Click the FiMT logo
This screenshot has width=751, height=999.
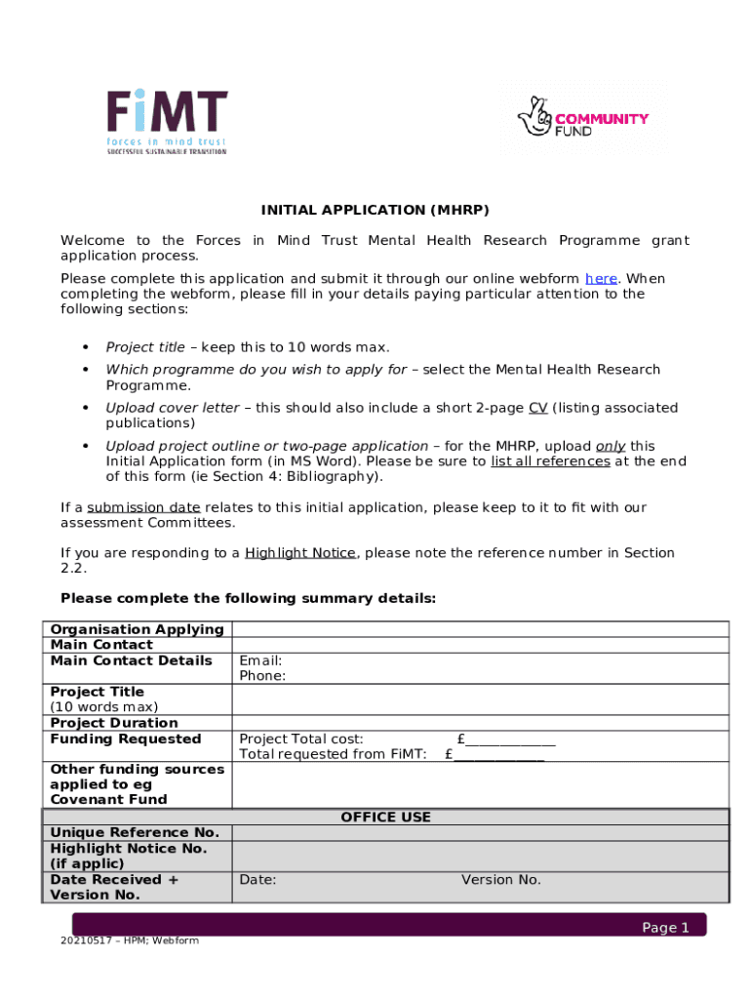pyautogui.click(x=167, y=122)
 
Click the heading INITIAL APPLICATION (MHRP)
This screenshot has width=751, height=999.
pyautogui.click(x=375, y=210)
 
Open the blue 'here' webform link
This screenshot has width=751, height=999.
pyautogui.click(x=601, y=278)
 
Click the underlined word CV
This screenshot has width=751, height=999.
pyautogui.click(x=537, y=408)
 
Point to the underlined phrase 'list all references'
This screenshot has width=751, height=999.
pyautogui.click(x=550, y=461)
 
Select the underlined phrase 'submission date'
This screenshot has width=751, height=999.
pyautogui.click(x=143, y=507)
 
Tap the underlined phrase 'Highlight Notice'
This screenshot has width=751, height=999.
pyautogui.click(x=300, y=553)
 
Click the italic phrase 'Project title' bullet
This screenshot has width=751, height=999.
pyautogui.click(x=145, y=347)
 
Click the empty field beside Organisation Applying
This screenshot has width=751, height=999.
pyautogui.click(x=479, y=629)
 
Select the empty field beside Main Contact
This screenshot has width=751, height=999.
pyautogui.click(x=479, y=645)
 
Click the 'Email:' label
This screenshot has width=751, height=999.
pyautogui.click(x=260, y=660)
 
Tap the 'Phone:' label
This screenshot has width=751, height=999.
pyautogui.click(x=262, y=676)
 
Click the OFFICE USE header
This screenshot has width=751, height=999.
pyautogui.click(x=385, y=818)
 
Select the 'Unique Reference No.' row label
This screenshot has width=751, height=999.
pyautogui.click(x=135, y=833)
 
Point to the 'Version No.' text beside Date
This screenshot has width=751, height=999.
pyautogui.click(x=500, y=880)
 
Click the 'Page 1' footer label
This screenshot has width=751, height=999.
pyautogui.click(x=665, y=928)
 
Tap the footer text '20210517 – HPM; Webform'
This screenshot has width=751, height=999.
pyautogui.click(x=129, y=940)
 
